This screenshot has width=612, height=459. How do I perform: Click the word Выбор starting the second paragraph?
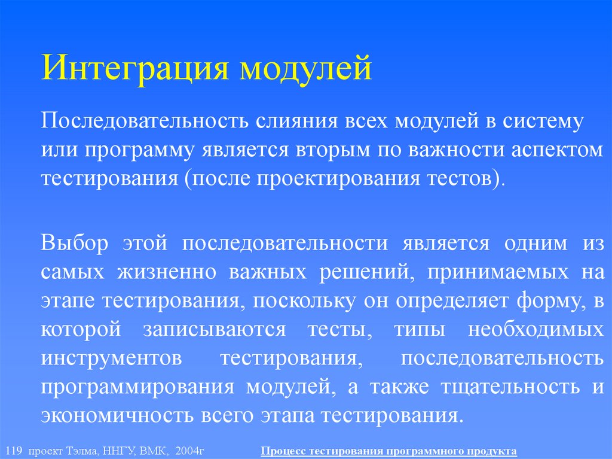pos(67,244)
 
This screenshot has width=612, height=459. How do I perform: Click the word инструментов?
pos(112,357)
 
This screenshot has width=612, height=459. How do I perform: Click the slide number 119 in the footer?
pos(11,449)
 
